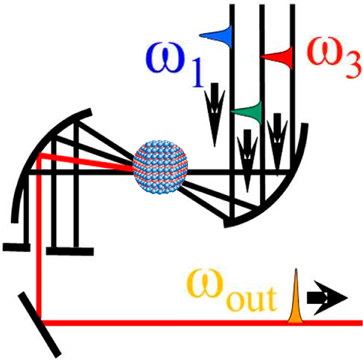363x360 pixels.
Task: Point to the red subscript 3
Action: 352,67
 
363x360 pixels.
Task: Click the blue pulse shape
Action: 216,36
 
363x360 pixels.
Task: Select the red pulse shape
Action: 276,57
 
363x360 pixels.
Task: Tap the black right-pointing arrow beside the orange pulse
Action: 327,298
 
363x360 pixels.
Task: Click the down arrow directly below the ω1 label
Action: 215,114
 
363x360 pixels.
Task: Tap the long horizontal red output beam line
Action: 202,323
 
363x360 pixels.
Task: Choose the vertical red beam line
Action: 39,238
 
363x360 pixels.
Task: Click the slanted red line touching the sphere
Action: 87,161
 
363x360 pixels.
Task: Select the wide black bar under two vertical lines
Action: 70,251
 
